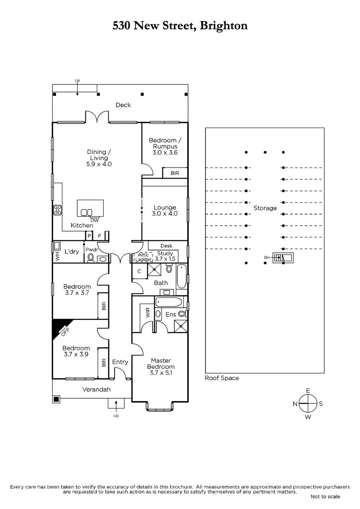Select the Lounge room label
click(165, 210)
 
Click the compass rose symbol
click(308, 403)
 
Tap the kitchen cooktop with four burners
click(57, 210)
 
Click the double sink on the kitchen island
click(87, 212)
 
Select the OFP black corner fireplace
click(58, 327)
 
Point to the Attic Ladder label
click(143, 257)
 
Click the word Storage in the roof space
click(265, 208)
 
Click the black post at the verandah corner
click(56, 399)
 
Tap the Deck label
click(123, 105)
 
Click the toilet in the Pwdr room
click(90, 257)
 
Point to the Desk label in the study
click(166, 246)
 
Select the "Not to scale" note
click(325, 496)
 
